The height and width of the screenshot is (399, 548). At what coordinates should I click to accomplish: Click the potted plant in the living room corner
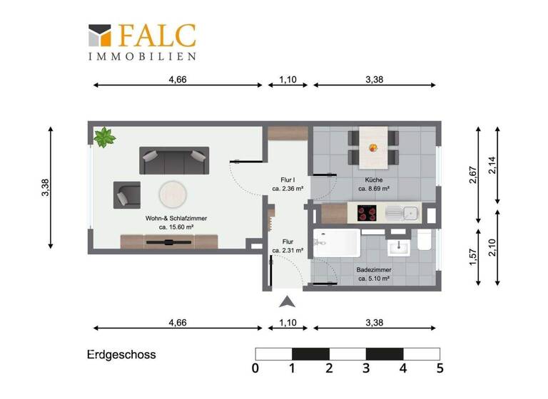coord(105,136)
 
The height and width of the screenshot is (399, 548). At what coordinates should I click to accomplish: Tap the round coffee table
coord(173,192)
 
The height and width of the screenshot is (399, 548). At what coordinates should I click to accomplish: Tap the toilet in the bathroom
coord(424,242)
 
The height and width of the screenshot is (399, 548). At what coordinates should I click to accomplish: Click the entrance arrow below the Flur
coord(287,301)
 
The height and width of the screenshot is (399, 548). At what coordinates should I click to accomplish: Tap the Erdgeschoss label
coord(121,354)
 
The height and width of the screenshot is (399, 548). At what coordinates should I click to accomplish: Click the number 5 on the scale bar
coord(440,368)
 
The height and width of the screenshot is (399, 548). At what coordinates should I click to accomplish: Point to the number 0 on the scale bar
coord(255,368)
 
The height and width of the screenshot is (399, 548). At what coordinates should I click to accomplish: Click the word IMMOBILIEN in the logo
coord(142,56)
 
